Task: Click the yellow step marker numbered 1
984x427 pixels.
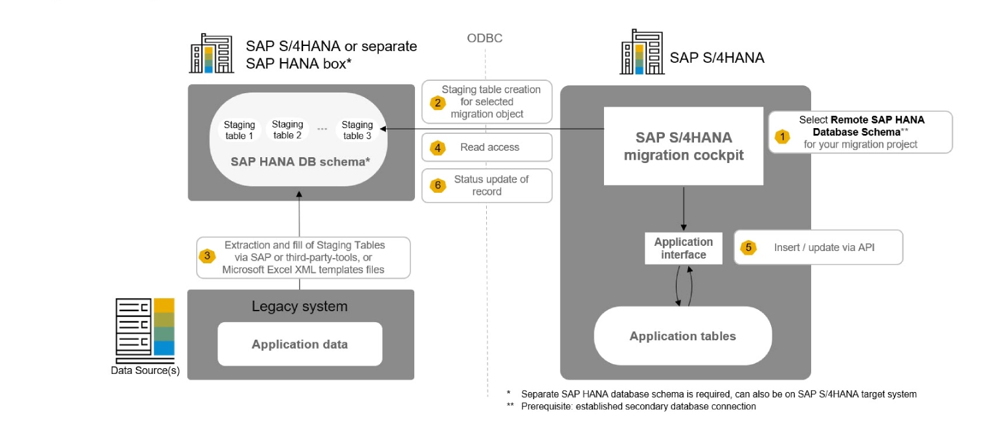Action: tap(783, 137)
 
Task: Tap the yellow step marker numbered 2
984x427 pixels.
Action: tap(438, 102)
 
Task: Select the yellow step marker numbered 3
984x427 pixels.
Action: tap(207, 256)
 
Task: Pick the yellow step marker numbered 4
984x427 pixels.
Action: tap(438, 148)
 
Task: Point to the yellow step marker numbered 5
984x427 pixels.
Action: tap(748, 247)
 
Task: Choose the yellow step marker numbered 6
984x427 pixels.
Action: tap(438, 186)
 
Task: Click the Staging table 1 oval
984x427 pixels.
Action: tap(240, 130)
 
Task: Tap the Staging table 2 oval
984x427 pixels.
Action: tap(287, 129)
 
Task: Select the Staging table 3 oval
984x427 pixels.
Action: tap(357, 130)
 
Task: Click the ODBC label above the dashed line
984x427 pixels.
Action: tap(485, 39)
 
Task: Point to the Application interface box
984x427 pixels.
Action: tap(684, 248)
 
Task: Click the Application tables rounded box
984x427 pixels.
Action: tap(683, 336)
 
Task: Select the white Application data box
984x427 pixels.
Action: tap(300, 344)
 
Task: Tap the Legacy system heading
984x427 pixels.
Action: tap(300, 306)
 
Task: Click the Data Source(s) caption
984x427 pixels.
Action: tap(145, 371)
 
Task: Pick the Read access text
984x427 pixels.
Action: tap(489, 148)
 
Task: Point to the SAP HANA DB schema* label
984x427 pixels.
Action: tap(300, 162)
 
